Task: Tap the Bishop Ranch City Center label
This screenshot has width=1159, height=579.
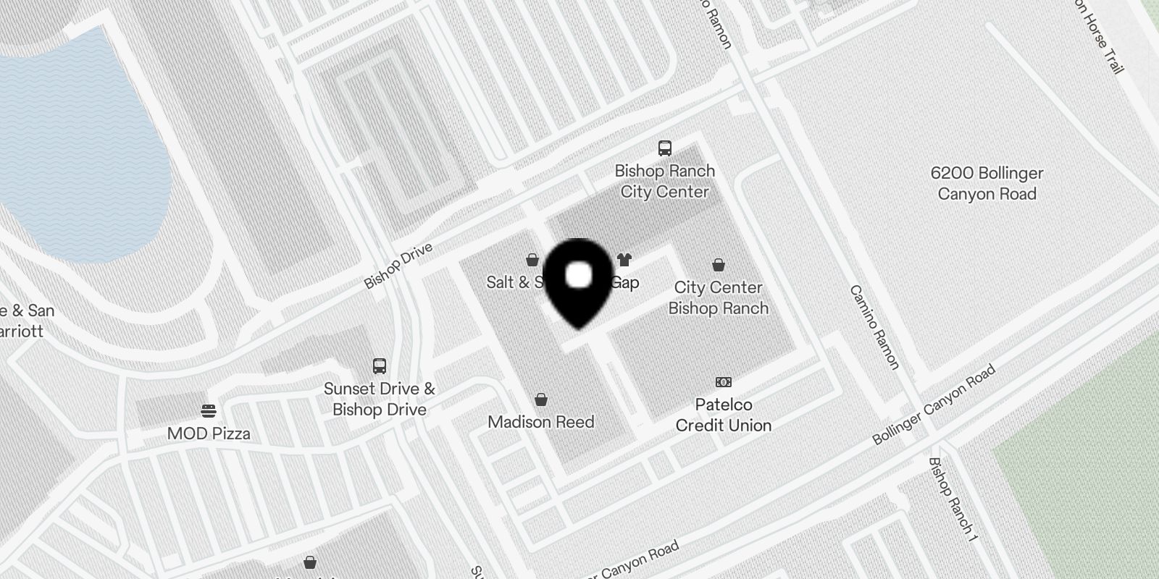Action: (x=664, y=182)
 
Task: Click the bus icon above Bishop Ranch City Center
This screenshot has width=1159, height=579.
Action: (x=664, y=148)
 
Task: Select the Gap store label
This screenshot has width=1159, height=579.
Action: (x=624, y=282)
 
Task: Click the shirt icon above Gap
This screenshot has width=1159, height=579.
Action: (x=624, y=260)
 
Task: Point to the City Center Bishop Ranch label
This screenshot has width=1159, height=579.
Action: (x=718, y=298)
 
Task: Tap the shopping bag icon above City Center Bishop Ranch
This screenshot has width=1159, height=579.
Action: (x=718, y=265)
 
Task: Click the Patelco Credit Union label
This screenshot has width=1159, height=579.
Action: (x=723, y=415)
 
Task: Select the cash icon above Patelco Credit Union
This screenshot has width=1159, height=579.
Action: (x=723, y=382)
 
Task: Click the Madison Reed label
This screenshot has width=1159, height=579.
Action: (x=540, y=422)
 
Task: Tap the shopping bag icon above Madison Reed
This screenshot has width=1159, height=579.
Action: (x=540, y=400)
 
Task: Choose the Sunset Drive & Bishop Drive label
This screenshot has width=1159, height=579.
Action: (x=379, y=399)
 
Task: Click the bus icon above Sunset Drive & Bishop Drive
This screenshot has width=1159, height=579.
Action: (x=379, y=365)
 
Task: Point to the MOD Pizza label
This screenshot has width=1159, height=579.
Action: (x=209, y=434)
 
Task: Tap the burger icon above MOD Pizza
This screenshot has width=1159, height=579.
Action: (x=209, y=411)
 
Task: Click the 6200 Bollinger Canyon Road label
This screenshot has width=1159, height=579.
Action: (x=987, y=183)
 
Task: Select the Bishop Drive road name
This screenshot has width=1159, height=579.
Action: (x=398, y=266)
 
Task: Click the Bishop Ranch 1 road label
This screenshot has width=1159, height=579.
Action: (x=953, y=499)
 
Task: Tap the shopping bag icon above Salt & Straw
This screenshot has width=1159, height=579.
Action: (x=532, y=260)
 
